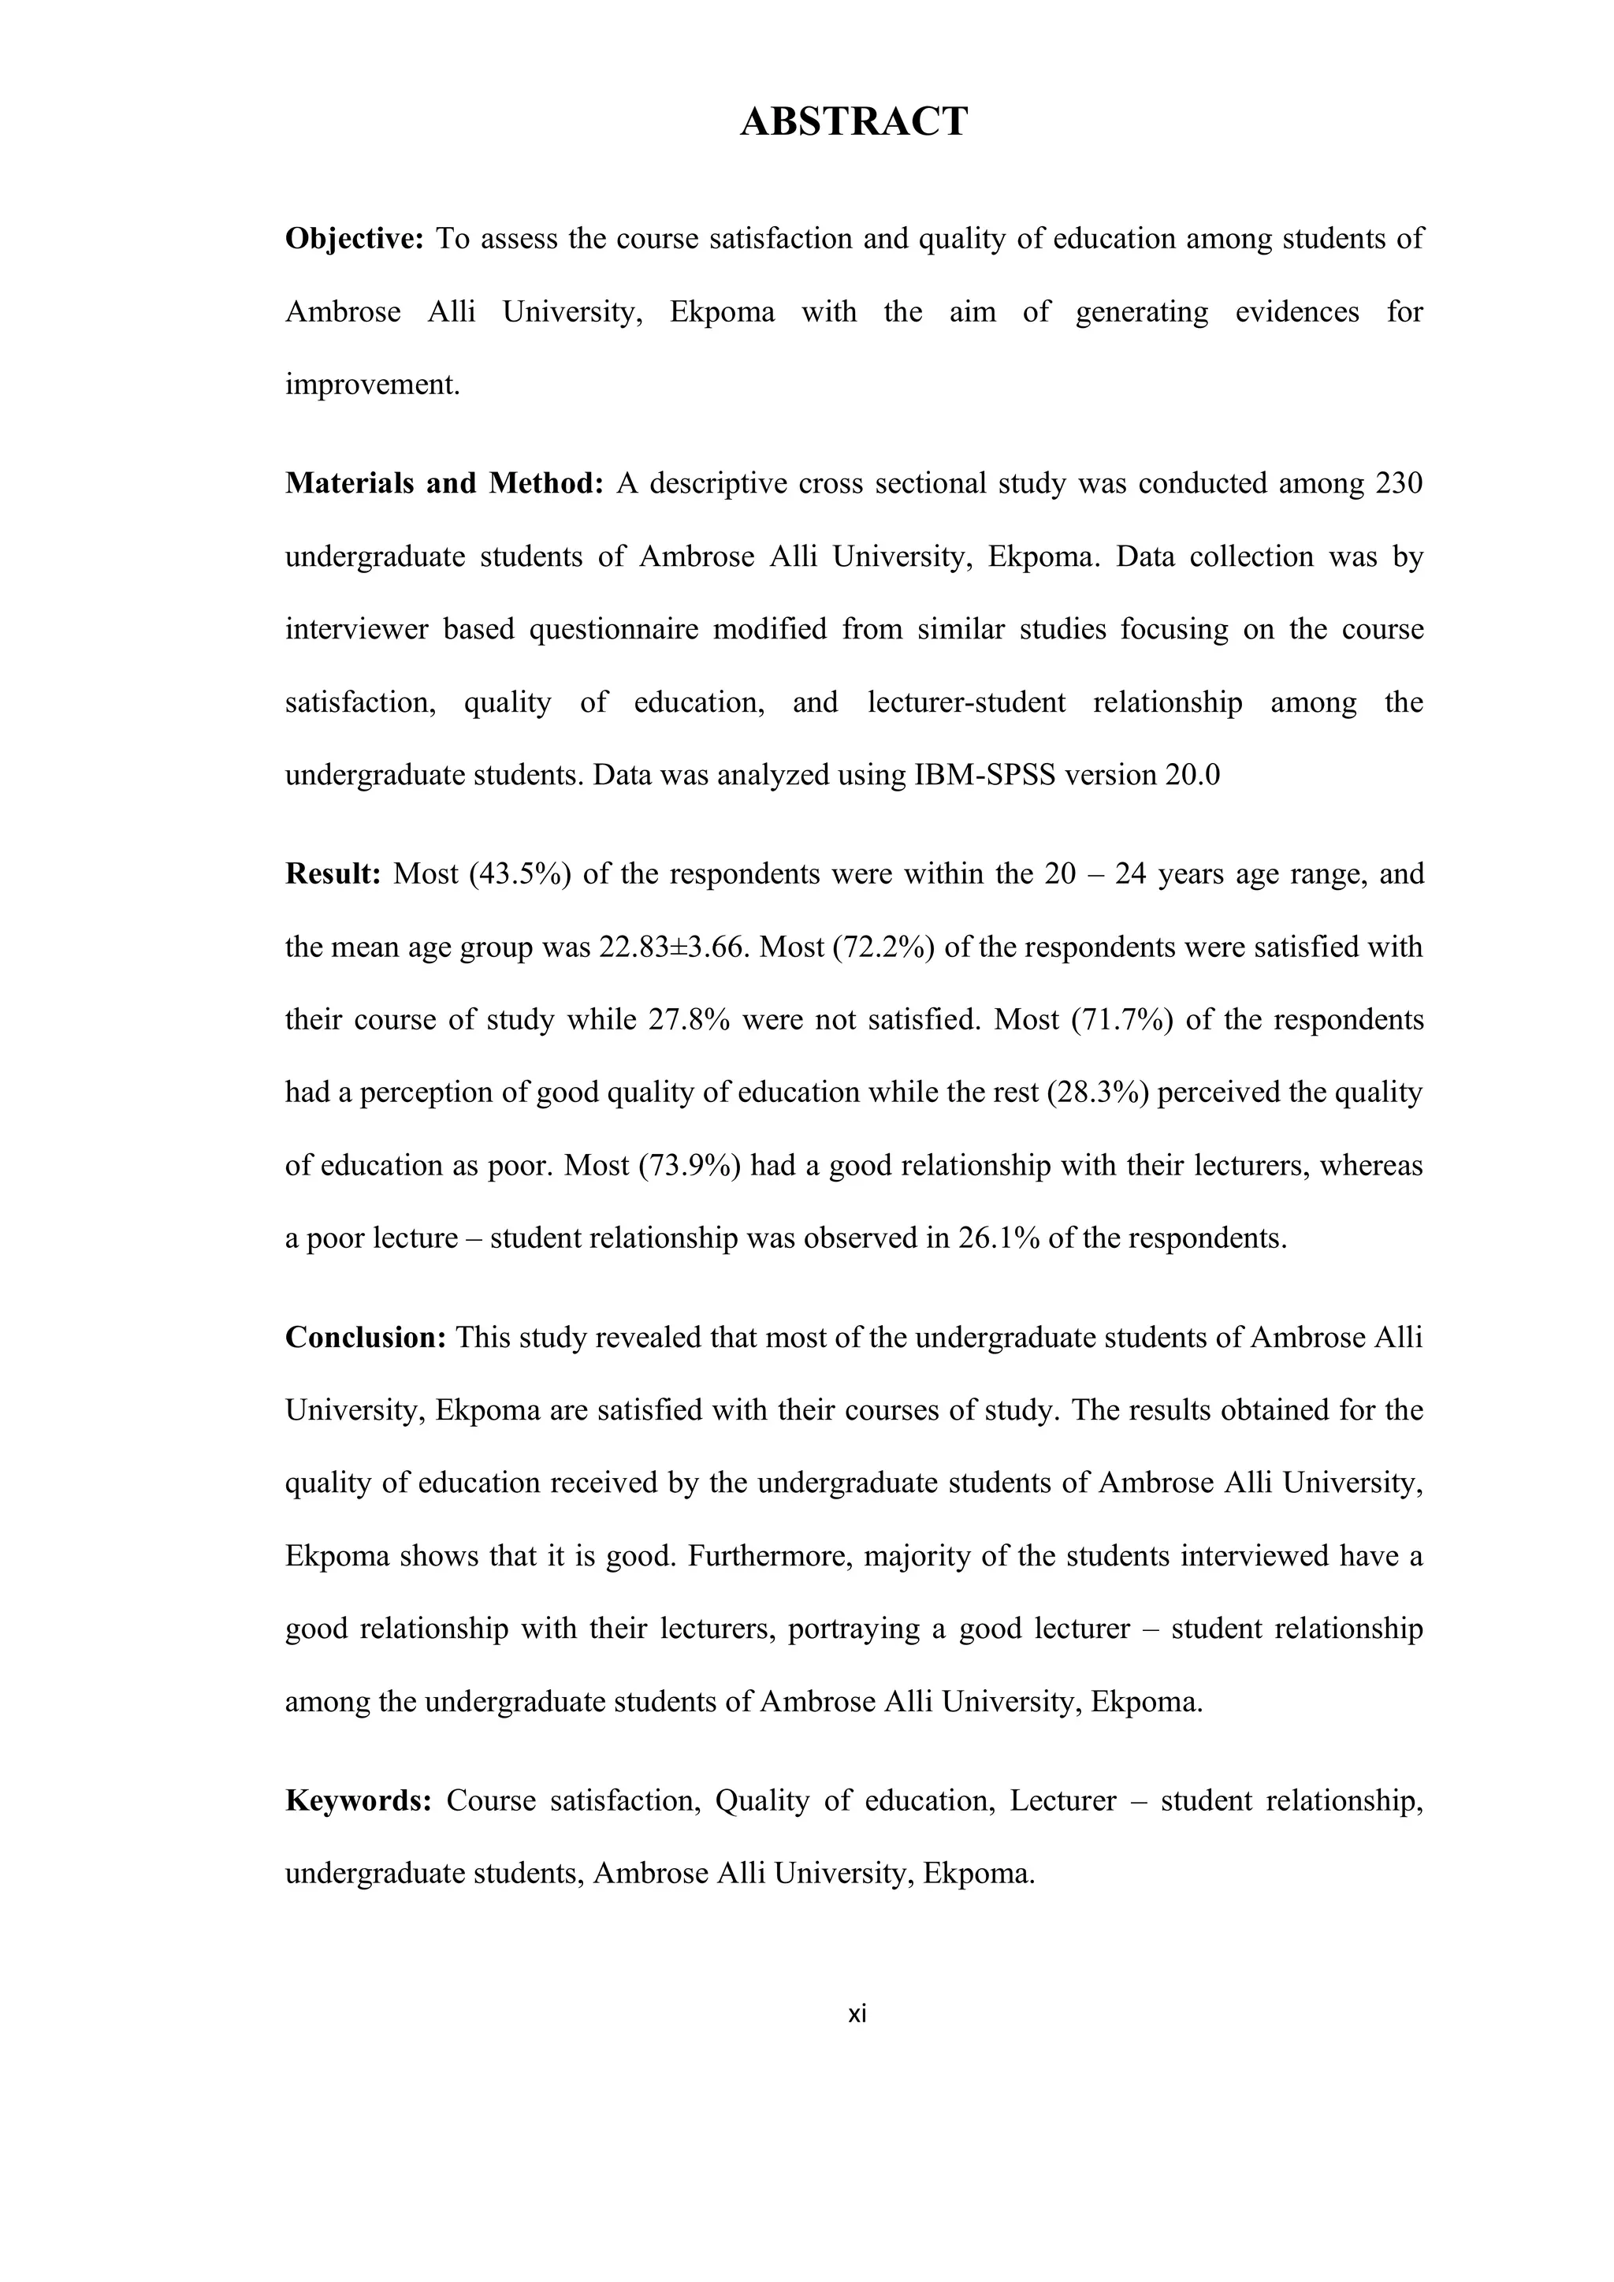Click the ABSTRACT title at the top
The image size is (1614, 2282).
click(853, 121)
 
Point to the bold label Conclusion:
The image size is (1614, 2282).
click(365, 1338)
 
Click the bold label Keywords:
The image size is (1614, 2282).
click(358, 1801)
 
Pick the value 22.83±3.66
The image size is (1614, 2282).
click(671, 947)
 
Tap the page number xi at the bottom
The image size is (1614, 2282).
click(857, 2015)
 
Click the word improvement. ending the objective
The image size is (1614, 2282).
click(373, 385)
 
